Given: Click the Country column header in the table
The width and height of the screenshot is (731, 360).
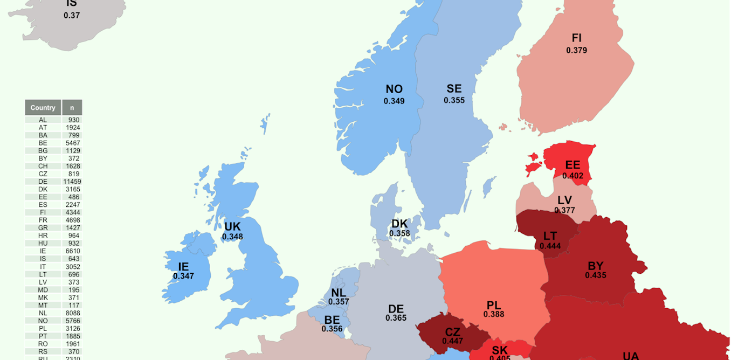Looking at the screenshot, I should pyautogui.click(x=43, y=108).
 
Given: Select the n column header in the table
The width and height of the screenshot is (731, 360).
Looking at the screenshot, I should pyautogui.click(x=72, y=108).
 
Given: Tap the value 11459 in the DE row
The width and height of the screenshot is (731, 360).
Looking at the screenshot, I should pyautogui.click(x=72, y=182).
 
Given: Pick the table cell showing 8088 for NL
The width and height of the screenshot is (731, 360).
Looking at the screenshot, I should pyautogui.click(x=72, y=313).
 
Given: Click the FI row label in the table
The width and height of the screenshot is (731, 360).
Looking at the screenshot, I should pyautogui.click(x=43, y=212).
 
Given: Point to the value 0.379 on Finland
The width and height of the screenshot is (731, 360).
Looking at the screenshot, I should pyautogui.click(x=576, y=50).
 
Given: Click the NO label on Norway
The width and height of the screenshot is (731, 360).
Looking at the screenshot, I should pyautogui.click(x=394, y=89).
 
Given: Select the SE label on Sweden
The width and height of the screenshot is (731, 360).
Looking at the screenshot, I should pyautogui.click(x=454, y=89).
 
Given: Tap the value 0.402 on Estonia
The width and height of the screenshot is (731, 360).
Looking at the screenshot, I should pyautogui.click(x=573, y=176).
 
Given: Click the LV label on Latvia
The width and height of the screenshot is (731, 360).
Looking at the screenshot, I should pyautogui.click(x=564, y=200).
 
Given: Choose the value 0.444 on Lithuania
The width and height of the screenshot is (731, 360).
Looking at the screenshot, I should pyautogui.click(x=550, y=246).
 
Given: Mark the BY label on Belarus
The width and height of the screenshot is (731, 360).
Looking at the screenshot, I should pyautogui.click(x=595, y=266).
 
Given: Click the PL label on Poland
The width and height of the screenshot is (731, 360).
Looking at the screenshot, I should pyautogui.click(x=494, y=306).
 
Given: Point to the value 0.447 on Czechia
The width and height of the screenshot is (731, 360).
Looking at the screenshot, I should pyautogui.click(x=452, y=341).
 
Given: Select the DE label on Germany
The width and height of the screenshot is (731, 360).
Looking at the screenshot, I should pyautogui.click(x=396, y=309).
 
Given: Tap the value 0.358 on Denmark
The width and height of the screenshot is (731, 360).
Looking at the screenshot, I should pyautogui.click(x=399, y=233).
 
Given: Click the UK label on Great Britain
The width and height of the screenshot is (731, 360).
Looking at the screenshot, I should pyautogui.click(x=232, y=227).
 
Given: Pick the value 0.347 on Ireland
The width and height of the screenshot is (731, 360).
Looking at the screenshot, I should pyautogui.click(x=183, y=276).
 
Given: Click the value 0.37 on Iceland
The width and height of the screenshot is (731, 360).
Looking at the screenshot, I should pyautogui.click(x=72, y=15).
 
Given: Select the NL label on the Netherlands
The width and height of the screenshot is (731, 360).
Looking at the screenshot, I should pyautogui.click(x=339, y=293).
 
